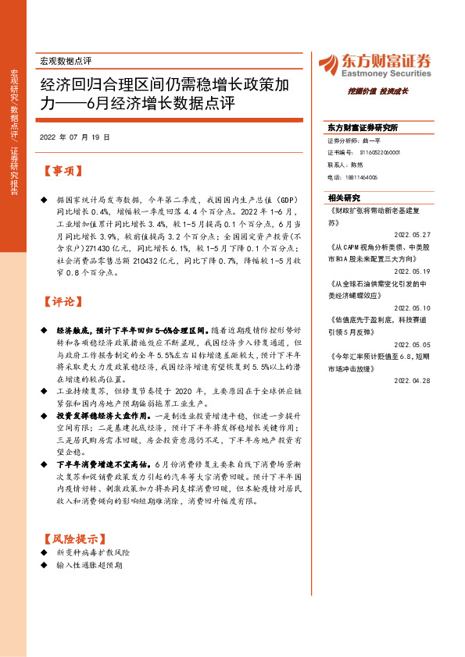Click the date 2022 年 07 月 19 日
coord(74,137)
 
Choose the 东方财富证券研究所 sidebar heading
coord(363,126)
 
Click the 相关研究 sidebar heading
coord(344,198)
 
